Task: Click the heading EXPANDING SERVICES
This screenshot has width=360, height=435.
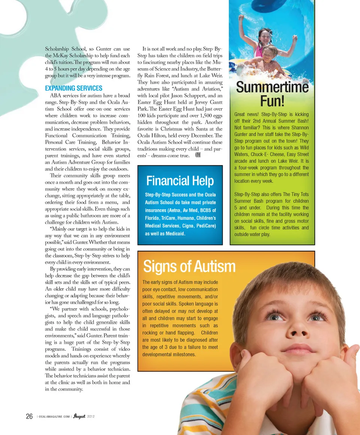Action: (x=73, y=88)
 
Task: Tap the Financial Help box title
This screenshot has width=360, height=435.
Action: (x=180, y=181)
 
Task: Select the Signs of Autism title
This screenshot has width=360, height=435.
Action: (x=189, y=267)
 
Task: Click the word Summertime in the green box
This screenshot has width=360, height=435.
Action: (x=272, y=87)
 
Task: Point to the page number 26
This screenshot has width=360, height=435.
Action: (x=29, y=416)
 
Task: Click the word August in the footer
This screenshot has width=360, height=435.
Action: (x=79, y=416)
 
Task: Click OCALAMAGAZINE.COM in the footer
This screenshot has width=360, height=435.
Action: (x=54, y=417)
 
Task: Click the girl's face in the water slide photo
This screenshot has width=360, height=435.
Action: (x=264, y=37)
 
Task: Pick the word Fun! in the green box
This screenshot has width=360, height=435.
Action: (x=272, y=101)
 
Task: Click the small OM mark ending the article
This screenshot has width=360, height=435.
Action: (x=198, y=156)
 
